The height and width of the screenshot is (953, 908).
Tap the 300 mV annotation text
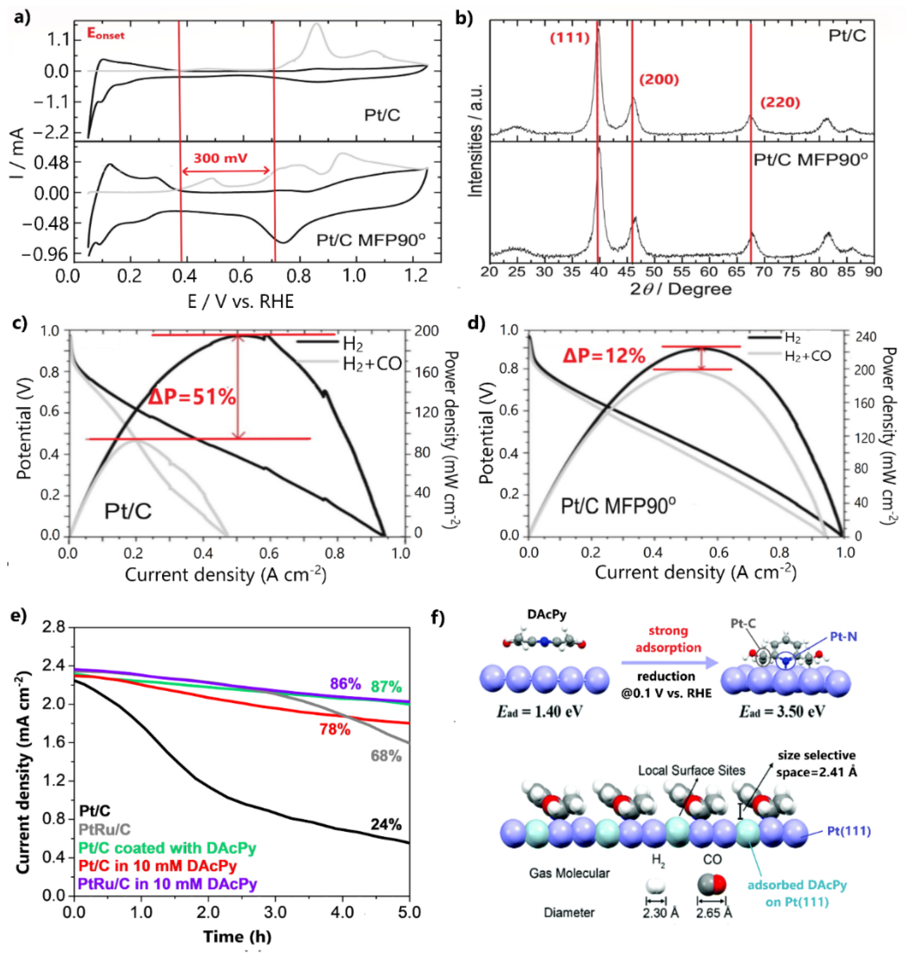(220, 158)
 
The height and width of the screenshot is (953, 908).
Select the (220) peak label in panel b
(780, 103)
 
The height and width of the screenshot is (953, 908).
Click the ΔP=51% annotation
(192, 397)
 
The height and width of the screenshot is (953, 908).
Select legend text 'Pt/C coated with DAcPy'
(167, 848)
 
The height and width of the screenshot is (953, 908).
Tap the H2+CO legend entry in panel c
(372, 363)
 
